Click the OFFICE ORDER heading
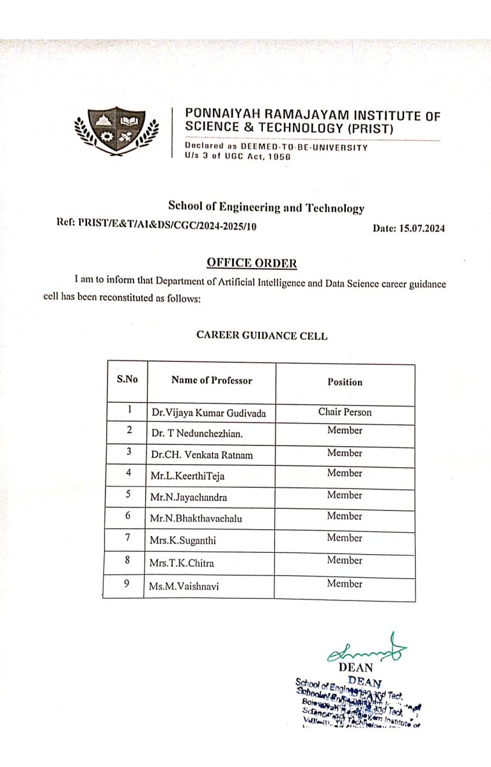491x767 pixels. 251,263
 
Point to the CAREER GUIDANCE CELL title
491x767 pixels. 261,336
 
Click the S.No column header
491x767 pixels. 127,379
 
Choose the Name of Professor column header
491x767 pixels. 212,380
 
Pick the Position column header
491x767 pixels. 345,382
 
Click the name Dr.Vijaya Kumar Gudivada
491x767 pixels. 208,414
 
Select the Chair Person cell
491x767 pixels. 345,412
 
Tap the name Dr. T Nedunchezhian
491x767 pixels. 198,433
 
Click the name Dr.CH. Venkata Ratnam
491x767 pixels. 202,455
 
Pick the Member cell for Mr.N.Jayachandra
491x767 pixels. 345,495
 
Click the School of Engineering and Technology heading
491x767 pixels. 266,207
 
